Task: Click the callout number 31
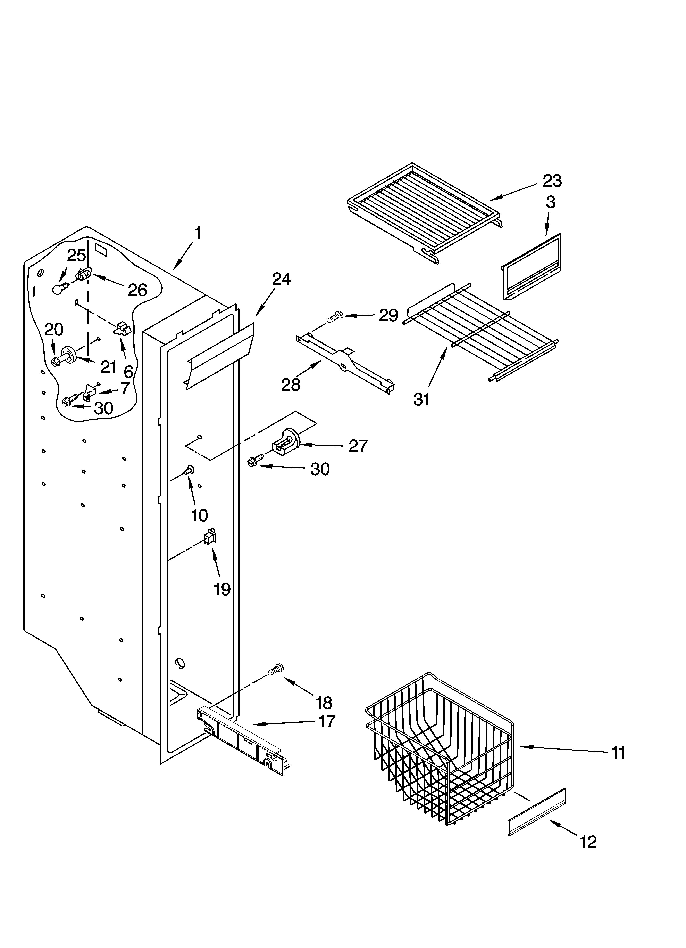tap(421, 400)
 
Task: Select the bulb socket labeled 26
tap(83, 275)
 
